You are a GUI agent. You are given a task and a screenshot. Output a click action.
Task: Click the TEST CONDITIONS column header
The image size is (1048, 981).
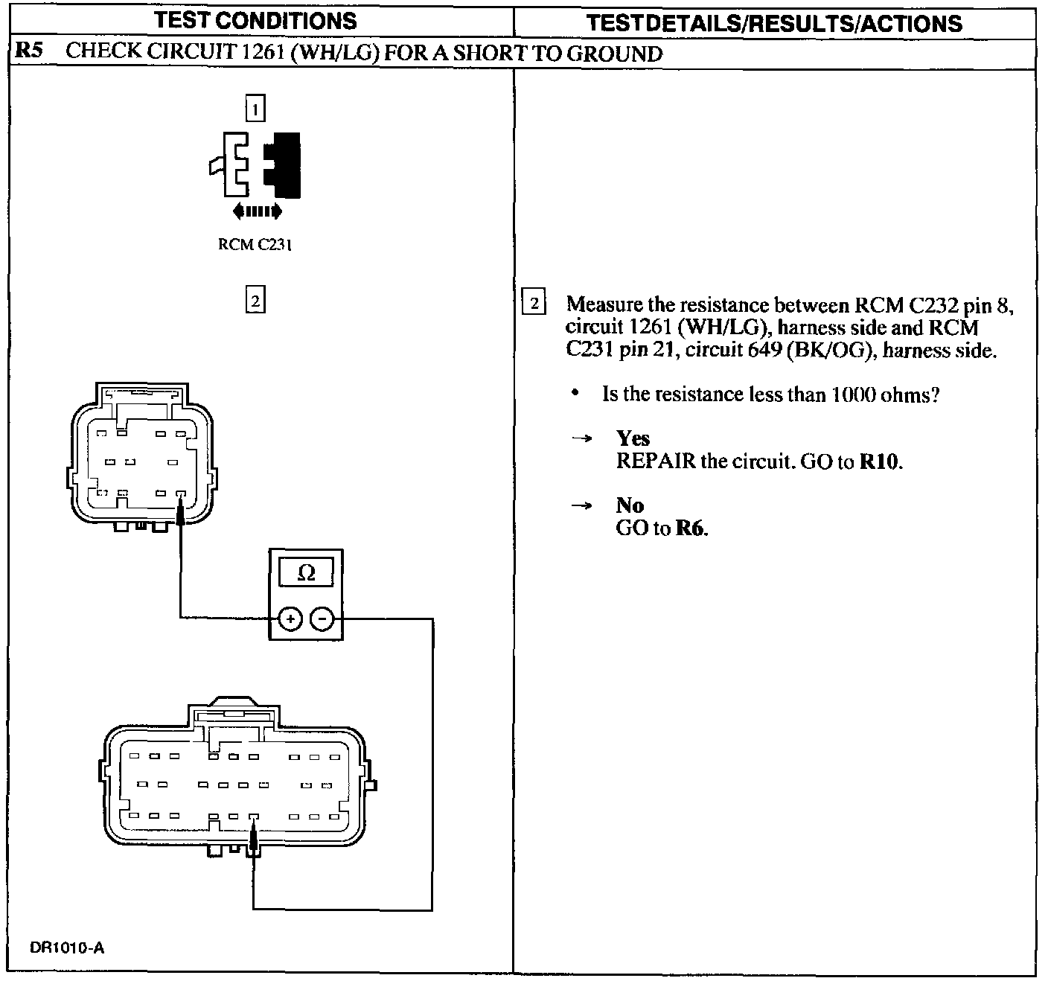pyautogui.click(x=255, y=20)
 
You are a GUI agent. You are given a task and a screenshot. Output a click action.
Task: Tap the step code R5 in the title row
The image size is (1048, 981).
pyautogui.click(x=30, y=52)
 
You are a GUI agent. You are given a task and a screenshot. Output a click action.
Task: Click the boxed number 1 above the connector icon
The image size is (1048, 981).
pyautogui.click(x=255, y=110)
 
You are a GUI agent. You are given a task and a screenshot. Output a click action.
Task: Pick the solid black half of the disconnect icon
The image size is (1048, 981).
pyautogui.click(x=284, y=165)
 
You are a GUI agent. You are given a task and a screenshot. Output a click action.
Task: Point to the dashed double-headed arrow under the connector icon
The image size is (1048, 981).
pyautogui.click(x=258, y=211)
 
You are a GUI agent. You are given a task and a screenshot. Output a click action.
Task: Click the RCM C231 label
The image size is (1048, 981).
pyautogui.click(x=255, y=244)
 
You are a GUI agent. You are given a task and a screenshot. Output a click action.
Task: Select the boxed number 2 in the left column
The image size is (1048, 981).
pyautogui.click(x=255, y=301)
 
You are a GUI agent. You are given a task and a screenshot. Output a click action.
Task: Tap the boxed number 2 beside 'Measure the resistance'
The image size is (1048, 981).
pyautogui.click(x=534, y=304)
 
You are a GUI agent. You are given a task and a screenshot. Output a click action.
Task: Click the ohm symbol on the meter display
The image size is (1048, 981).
pyautogui.click(x=306, y=572)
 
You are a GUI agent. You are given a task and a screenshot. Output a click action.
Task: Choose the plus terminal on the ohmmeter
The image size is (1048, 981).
pyautogui.click(x=290, y=618)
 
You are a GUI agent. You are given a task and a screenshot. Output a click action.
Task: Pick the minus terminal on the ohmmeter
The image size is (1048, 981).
pyautogui.click(x=322, y=618)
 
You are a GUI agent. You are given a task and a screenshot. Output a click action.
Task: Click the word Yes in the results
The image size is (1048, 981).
pyautogui.click(x=633, y=438)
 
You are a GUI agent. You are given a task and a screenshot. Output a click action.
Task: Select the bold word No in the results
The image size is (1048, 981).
pyautogui.click(x=630, y=505)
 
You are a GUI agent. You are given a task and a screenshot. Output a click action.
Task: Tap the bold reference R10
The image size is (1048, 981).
pyautogui.click(x=879, y=461)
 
